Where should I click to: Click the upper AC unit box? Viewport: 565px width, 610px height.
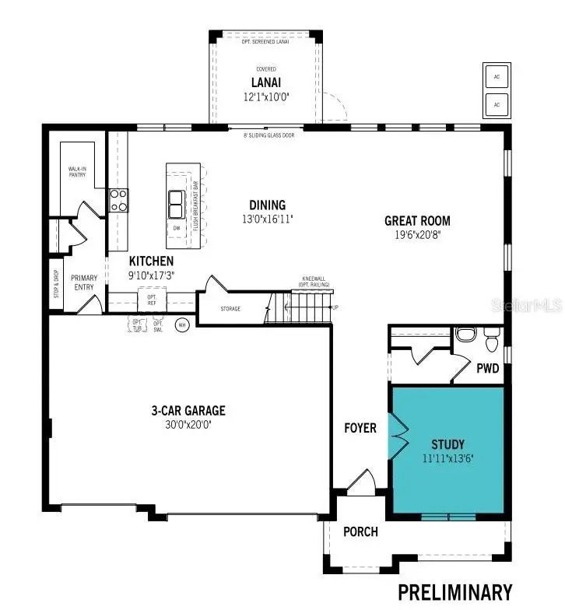497,76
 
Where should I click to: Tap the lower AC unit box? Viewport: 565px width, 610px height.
497,103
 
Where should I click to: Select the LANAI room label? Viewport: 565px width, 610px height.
266,82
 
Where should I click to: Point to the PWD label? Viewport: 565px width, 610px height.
488,368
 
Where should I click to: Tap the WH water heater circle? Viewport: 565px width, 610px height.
183,325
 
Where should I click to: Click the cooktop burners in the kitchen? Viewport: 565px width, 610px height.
118,201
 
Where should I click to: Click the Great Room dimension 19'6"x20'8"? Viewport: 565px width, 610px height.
417,234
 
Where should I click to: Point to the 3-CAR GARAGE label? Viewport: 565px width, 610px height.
188,411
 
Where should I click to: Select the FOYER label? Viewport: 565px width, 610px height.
360,428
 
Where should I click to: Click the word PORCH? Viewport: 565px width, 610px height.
360,531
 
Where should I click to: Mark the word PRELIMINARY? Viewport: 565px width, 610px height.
455,591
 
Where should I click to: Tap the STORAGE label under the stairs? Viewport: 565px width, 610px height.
230,309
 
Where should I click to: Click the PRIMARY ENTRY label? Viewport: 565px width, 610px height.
84,282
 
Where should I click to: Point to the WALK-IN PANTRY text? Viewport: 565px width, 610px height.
76,172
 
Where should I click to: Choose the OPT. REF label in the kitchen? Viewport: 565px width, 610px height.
152,298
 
